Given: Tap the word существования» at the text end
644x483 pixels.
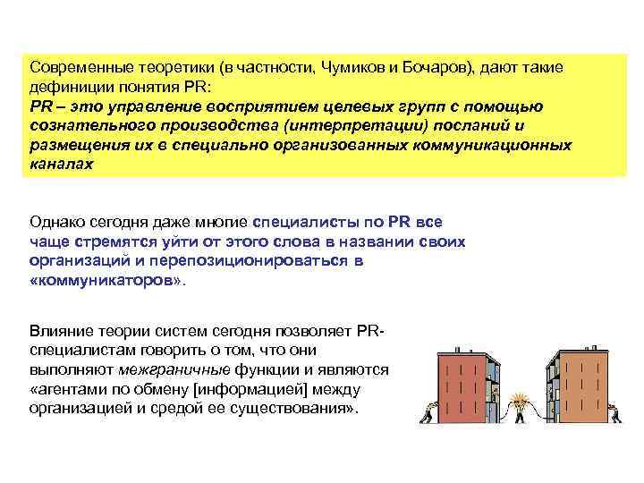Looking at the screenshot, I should click(x=309, y=409).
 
